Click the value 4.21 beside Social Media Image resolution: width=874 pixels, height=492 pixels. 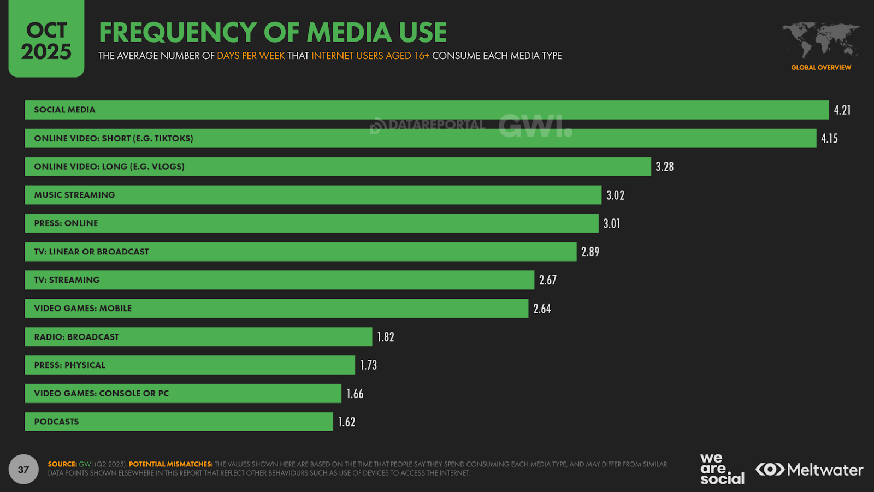point(842,110)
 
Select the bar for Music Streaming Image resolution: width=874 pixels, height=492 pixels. point(312,195)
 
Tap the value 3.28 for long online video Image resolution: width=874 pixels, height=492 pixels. point(664,167)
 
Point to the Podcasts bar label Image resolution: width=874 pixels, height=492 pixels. point(56,422)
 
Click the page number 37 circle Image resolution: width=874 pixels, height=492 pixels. point(23,469)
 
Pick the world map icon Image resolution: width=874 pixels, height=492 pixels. point(821,40)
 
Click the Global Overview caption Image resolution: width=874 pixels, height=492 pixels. point(821,68)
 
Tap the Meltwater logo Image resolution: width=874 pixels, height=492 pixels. point(809,470)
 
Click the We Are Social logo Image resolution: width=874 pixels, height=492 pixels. point(722,469)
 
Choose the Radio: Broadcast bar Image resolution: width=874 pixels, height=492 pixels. point(198,337)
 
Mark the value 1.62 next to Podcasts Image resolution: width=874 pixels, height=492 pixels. point(346,422)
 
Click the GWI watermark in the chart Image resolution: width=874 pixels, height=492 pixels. point(535,126)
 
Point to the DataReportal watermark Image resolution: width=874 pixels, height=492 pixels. point(428,125)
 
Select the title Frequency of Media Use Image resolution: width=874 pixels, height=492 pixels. point(273,32)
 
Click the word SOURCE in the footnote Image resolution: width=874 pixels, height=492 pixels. point(62,464)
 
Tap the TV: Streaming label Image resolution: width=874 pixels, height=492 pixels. point(67,280)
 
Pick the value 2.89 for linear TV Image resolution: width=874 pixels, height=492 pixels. point(590,252)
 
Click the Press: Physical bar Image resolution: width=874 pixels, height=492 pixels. point(190,365)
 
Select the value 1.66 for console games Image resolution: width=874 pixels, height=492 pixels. point(355,394)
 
